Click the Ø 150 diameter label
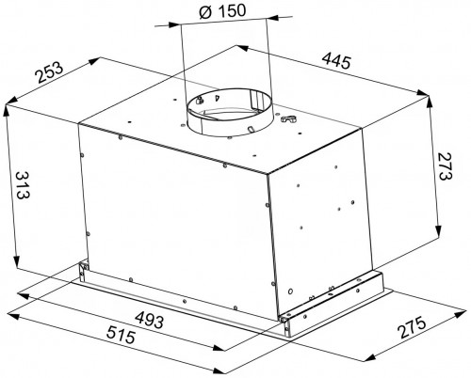[222, 11]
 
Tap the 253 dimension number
[49, 71]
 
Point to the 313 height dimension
[24, 185]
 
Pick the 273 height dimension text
[444, 166]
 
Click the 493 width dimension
[150, 320]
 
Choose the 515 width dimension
[121, 334]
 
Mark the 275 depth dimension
[412, 327]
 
